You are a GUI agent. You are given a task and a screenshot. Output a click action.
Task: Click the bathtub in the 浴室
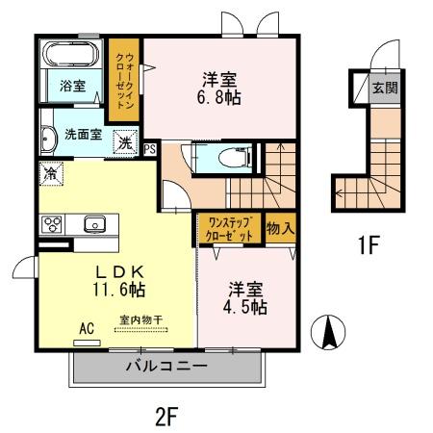pyautogui.click(x=71, y=54)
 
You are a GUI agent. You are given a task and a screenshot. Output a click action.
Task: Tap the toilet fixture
pyautogui.click(x=235, y=158)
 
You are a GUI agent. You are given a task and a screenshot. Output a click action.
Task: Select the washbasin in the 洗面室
pyautogui.click(x=48, y=139)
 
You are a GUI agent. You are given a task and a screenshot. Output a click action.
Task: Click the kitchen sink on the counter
pyautogui.click(x=94, y=224)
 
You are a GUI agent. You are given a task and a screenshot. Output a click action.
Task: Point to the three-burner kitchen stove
pyautogui.click(x=52, y=224)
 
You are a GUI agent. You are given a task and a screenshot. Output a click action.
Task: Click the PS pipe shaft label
pyautogui.click(x=150, y=149)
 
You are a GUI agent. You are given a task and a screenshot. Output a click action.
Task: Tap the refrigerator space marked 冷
pyautogui.click(x=51, y=173)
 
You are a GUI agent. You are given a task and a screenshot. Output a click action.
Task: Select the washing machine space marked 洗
pyautogui.click(x=125, y=142)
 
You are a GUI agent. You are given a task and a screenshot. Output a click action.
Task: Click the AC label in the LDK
pyautogui.click(x=87, y=328)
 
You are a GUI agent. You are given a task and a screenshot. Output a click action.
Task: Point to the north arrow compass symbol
pyautogui.click(x=328, y=332)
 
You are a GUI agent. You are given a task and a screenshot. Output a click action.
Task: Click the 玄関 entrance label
pyautogui.click(x=385, y=88)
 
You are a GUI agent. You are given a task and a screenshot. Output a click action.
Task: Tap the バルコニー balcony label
pyautogui.click(x=166, y=366)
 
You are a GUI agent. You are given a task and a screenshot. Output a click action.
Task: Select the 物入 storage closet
pyautogui.click(x=280, y=228)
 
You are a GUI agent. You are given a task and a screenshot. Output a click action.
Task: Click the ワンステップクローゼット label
pyautogui.click(x=230, y=229)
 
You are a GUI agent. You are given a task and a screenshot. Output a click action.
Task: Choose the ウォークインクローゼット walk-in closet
pyautogui.click(x=124, y=80)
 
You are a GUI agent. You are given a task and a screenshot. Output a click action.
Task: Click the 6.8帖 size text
pyautogui.click(x=218, y=97)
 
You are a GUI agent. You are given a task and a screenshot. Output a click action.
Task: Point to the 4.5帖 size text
pyautogui.click(x=245, y=307)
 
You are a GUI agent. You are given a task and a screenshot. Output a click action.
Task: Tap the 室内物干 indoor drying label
pyautogui.click(x=141, y=319)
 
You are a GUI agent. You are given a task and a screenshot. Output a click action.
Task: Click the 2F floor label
pyautogui.click(x=166, y=417)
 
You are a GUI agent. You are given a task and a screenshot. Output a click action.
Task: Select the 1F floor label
pyautogui.click(x=369, y=244)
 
